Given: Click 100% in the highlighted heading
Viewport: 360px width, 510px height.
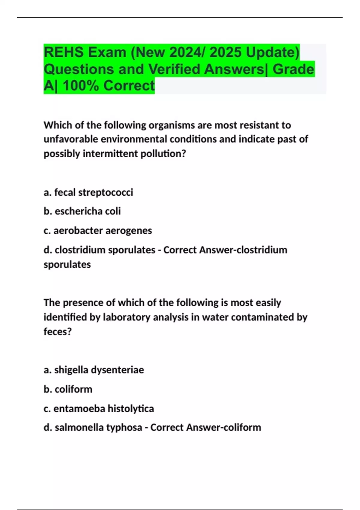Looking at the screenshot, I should coord(81,86).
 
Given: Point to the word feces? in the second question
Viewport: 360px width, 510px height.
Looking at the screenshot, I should coord(58,331).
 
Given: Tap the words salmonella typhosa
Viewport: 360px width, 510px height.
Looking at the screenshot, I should coord(98,427).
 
